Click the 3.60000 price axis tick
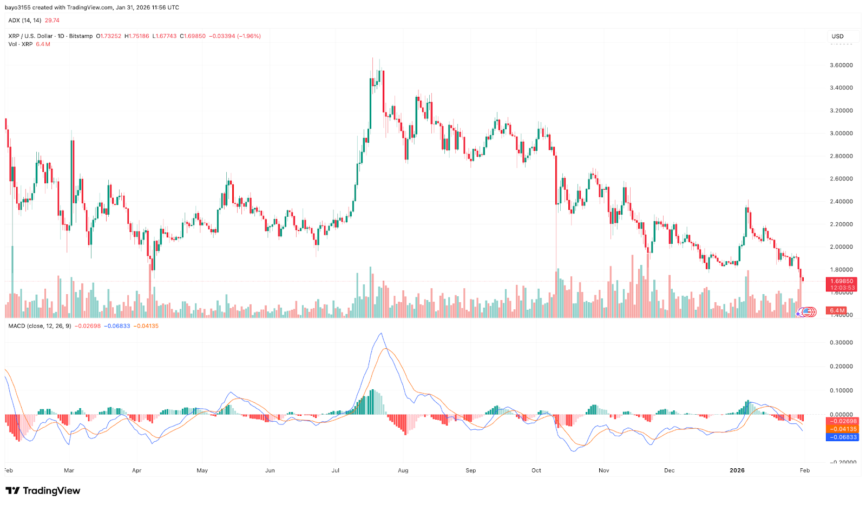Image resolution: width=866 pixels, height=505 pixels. [x=841, y=65]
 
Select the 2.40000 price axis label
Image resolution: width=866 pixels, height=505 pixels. [x=841, y=202]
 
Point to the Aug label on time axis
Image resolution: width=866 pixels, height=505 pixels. [x=403, y=470]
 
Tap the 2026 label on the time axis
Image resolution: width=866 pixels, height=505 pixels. [x=737, y=470]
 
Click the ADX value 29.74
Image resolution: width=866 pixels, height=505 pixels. [x=52, y=21]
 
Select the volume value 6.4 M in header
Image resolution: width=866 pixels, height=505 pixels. [x=43, y=44]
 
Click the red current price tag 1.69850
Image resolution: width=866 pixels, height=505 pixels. [x=841, y=281]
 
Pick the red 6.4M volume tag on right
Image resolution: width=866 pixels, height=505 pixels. [x=837, y=310]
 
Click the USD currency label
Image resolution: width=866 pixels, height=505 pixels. [x=837, y=36]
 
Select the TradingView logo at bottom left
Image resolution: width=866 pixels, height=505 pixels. [x=43, y=491]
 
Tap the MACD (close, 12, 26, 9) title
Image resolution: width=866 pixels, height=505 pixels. [x=40, y=326]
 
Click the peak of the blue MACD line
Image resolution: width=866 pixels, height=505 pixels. [x=382, y=334]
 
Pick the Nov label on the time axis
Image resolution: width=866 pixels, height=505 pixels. [x=604, y=470]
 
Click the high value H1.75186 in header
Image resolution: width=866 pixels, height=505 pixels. [x=136, y=36]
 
